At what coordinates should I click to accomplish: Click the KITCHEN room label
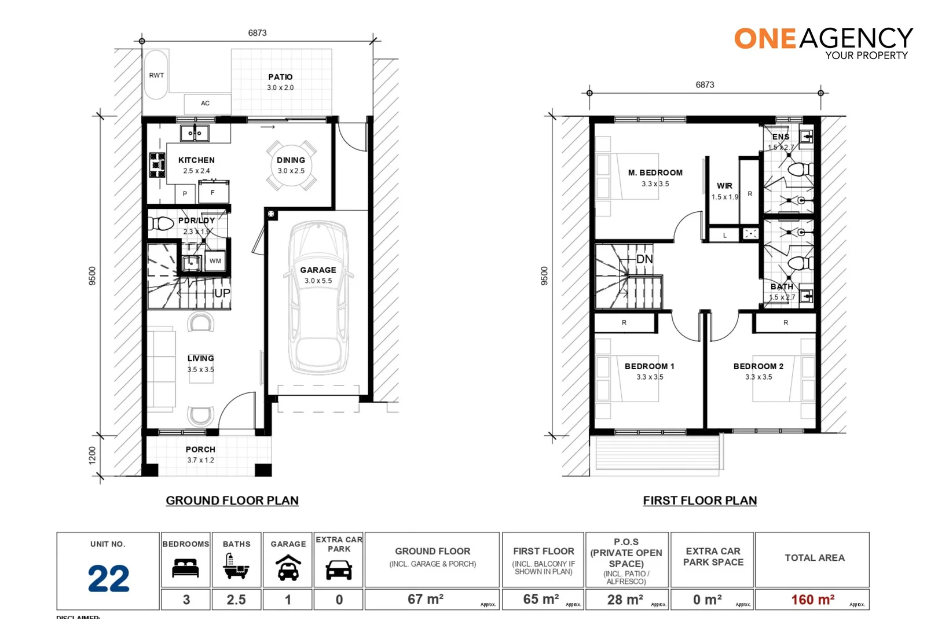pos(196,160)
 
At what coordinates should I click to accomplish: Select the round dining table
pos(291,165)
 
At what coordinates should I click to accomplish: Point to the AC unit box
pos(206,104)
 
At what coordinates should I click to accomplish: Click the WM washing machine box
pos(215,261)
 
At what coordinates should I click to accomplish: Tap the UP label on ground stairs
pos(222,293)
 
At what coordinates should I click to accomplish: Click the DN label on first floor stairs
pos(644,259)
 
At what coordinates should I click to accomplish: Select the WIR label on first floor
pos(724,186)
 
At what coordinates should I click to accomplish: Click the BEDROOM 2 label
pos(758,366)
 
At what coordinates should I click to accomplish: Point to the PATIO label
pos(280,77)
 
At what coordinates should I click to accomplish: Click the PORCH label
pos(200,450)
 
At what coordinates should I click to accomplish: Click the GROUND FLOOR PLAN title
pos(232,501)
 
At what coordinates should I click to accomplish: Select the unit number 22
pos(108,579)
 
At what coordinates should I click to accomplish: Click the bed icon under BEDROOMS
pos(185,568)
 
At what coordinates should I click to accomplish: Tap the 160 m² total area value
pos(812,600)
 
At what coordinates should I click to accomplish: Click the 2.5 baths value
pos(236,600)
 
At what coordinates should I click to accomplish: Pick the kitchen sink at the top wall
pos(195,133)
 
